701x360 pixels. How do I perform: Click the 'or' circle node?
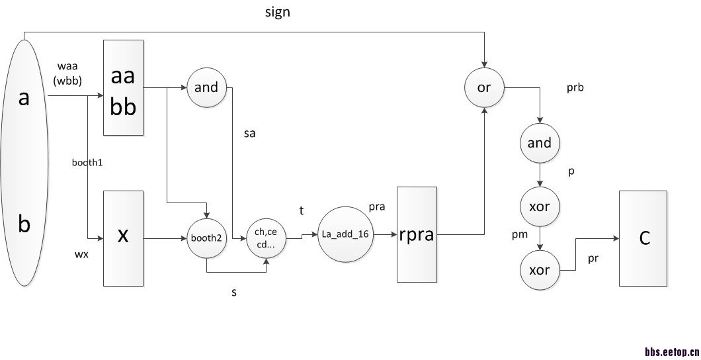pyautogui.click(x=484, y=87)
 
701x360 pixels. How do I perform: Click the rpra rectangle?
pyautogui.click(x=417, y=234)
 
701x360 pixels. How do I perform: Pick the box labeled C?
pyautogui.click(x=643, y=238)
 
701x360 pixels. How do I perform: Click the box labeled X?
pyautogui.click(x=123, y=238)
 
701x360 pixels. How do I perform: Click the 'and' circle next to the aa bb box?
pyautogui.click(x=207, y=87)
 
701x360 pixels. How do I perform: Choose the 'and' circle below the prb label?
pyautogui.click(x=540, y=143)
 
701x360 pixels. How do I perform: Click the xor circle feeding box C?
pyautogui.click(x=540, y=271)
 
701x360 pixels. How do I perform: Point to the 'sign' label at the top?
pyautogui.click(x=277, y=13)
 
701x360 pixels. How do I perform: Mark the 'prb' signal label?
pyautogui.click(x=575, y=87)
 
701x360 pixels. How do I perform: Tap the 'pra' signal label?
pyautogui.click(x=377, y=206)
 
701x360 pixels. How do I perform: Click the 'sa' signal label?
pyautogui.click(x=249, y=134)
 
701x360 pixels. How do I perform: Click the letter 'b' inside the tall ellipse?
pyautogui.click(x=24, y=225)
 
